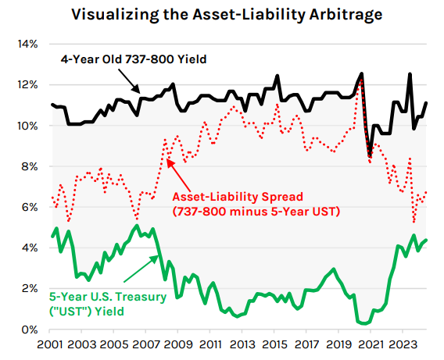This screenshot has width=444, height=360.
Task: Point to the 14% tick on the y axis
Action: pos(27,44)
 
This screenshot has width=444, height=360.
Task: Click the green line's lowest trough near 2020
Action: pos(364,323)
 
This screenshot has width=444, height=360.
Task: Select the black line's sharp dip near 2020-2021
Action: pos(370,155)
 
